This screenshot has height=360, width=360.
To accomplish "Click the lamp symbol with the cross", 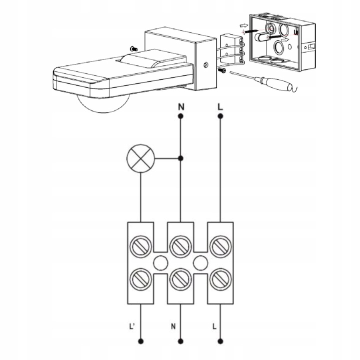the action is pyautogui.click(x=140, y=158).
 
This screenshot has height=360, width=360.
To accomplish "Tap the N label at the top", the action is pyautogui.click(x=181, y=107).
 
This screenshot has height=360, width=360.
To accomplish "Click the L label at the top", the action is pyautogui.click(x=220, y=107).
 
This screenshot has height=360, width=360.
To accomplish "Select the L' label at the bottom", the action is pyautogui.click(x=131, y=326).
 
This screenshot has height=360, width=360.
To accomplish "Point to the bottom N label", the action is pyautogui.click(x=173, y=326).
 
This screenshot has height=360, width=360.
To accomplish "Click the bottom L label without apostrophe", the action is pyautogui.click(x=214, y=326).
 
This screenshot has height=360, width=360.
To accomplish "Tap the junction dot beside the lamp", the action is pyautogui.click(x=180, y=158).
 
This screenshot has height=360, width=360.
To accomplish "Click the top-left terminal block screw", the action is pyautogui.click(x=140, y=246).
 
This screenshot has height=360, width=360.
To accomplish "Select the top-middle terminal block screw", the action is pyautogui.click(x=180, y=246).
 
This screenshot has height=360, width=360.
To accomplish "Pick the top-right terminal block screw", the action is pyautogui.click(x=220, y=246).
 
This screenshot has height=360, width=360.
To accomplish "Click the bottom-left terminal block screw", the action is pyautogui.click(x=140, y=279).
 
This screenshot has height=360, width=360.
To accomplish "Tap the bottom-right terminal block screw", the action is pyautogui.click(x=220, y=279).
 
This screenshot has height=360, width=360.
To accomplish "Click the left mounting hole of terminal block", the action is pyautogui.click(x=160, y=263).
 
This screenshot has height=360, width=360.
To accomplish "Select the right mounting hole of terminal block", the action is pyautogui.click(x=200, y=263).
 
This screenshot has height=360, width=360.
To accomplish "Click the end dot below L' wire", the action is pyautogui.click(x=140, y=341).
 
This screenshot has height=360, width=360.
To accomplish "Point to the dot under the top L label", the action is pyautogui.click(x=220, y=116).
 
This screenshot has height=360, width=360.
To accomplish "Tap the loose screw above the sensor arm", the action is pyautogui.click(x=133, y=48).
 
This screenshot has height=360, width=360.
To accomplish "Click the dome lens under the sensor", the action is pyautogui.click(x=103, y=104).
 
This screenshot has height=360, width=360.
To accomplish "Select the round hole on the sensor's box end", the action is pyautogui.click(x=206, y=64).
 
